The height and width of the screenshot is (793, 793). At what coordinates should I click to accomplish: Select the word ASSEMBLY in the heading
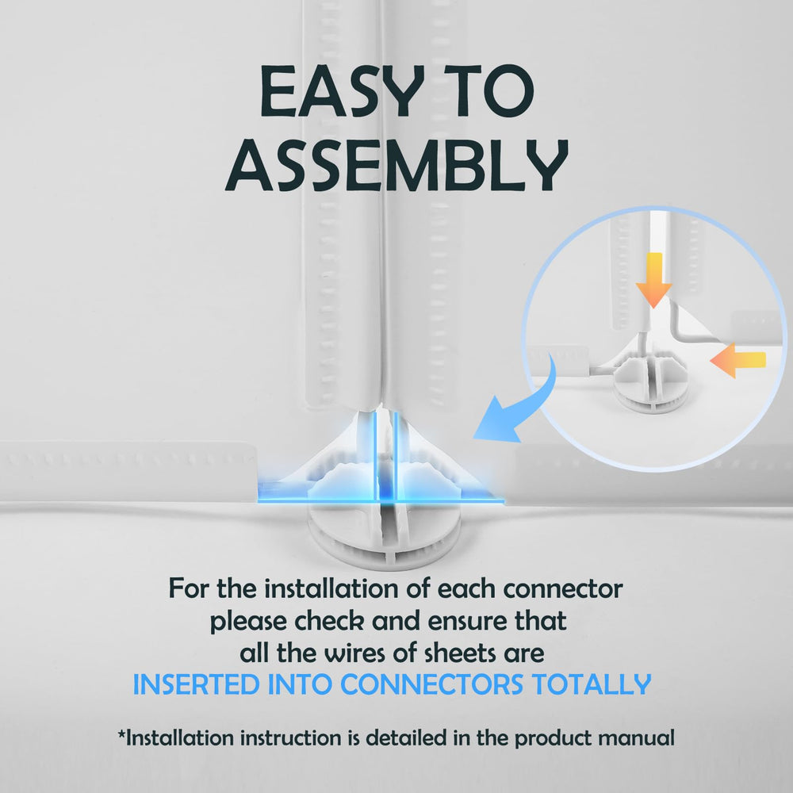(396, 167)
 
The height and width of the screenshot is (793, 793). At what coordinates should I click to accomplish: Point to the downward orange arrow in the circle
(653, 278)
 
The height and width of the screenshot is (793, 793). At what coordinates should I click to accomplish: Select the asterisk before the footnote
(122, 735)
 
